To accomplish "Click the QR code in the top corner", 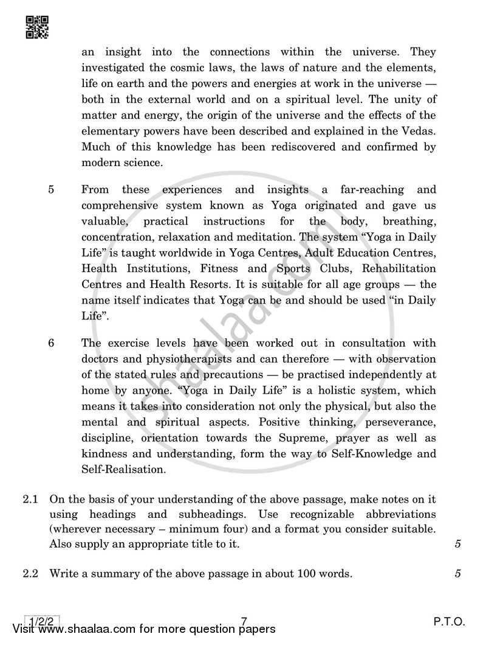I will point(38,27).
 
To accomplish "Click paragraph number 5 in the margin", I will point(51,189).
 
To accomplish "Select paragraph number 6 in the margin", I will point(51,343).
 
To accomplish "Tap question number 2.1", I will point(31,499).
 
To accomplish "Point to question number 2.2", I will point(31,573).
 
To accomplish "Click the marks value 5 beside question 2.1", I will point(457,544).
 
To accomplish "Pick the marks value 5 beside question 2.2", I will point(457,573).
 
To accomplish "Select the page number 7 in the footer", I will point(244,621).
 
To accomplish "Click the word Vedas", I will point(419,131).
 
